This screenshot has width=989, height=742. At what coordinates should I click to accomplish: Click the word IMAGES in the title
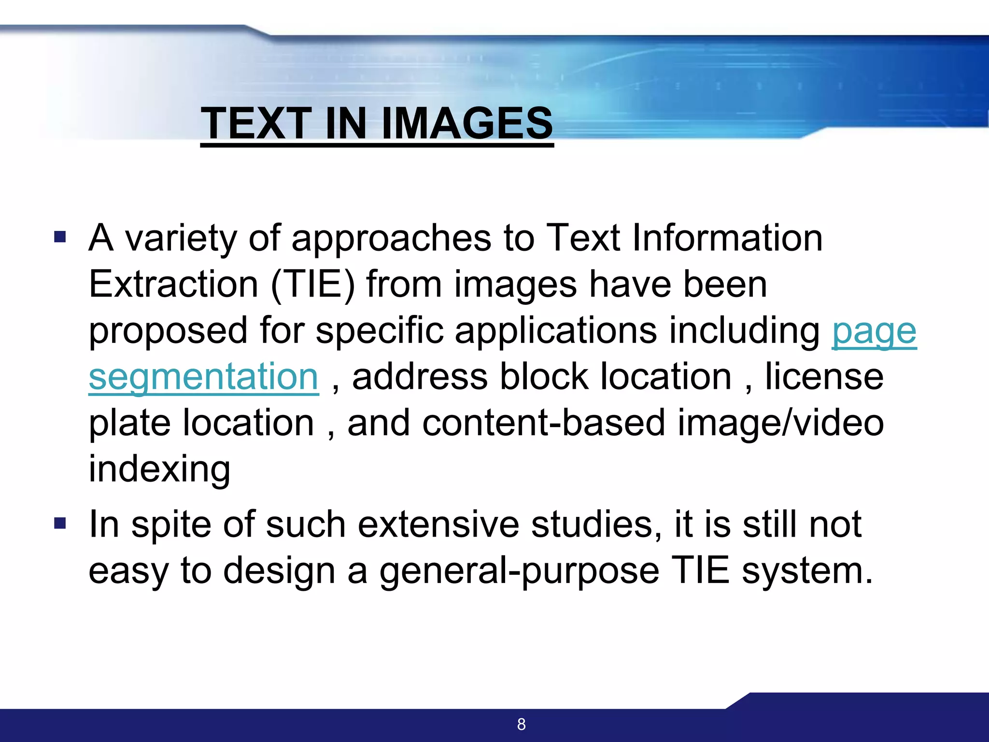click(x=467, y=123)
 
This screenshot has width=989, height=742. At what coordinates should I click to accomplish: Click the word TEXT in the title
click(x=256, y=123)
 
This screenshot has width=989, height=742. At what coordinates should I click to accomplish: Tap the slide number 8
click(x=521, y=724)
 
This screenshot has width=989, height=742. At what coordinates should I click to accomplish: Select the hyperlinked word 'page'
click(x=874, y=332)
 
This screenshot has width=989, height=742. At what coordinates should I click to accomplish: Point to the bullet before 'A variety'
click(x=60, y=237)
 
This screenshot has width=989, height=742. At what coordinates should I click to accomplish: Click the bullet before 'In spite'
click(x=60, y=523)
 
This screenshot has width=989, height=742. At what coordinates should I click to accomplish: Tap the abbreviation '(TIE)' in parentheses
click(x=313, y=285)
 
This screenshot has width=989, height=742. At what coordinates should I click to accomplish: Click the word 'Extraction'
click(x=174, y=285)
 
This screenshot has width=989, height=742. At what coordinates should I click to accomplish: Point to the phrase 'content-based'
click(x=544, y=423)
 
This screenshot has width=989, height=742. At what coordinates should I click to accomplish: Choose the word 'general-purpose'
click(x=519, y=571)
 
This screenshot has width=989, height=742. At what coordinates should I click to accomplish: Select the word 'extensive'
click(x=438, y=525)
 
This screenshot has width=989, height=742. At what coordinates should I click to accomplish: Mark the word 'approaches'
click(x=391, y=239)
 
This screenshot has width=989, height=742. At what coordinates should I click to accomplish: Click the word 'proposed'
click(x=168, y=332)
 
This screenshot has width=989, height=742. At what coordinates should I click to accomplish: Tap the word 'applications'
click(x=556, y=332)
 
